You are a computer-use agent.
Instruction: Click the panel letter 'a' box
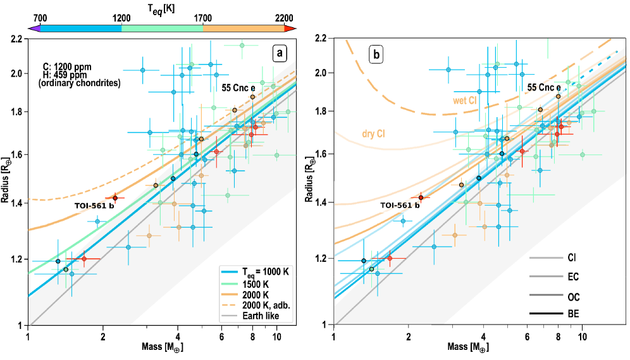[280, 54]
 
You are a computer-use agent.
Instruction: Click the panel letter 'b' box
[376, 55]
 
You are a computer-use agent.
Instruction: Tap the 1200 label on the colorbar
[121, 18]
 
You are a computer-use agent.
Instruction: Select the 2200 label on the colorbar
[285, 18]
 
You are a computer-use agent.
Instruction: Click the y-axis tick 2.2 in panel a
[17, 39]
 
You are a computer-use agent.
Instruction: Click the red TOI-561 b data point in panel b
[421, 197]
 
